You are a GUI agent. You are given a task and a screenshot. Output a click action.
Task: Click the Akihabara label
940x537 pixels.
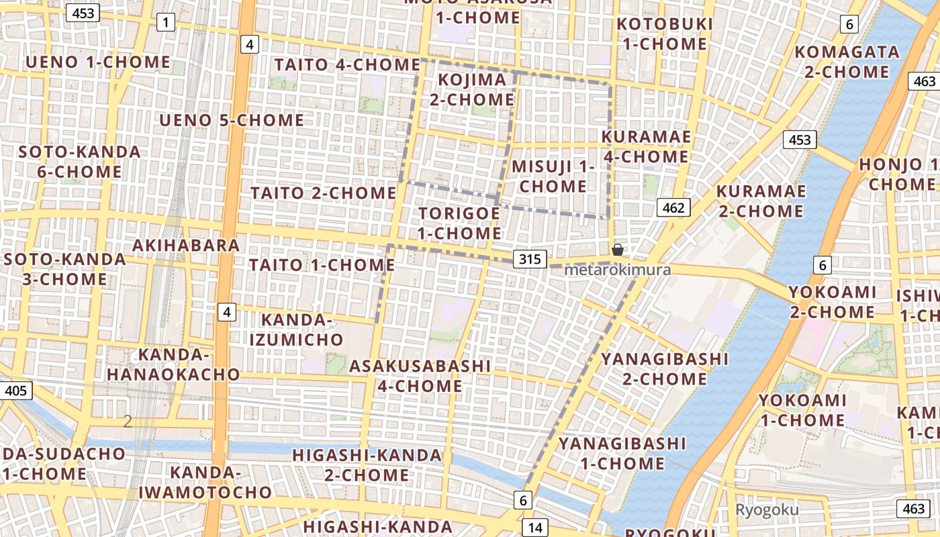(x=186, y=245)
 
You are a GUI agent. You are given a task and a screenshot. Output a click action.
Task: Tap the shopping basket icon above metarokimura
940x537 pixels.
(x=618, y=250)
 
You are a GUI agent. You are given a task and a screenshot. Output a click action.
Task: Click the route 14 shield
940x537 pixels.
(x=534, y=528)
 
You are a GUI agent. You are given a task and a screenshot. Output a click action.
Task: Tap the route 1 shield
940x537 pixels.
(x=165, y=23)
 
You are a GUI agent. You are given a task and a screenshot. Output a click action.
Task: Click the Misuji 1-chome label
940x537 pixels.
(x=553, y=176)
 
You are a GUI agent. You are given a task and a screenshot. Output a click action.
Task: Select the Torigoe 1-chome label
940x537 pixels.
(x=460, y=224)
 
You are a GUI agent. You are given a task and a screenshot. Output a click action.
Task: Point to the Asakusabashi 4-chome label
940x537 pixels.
(x=420, y=376)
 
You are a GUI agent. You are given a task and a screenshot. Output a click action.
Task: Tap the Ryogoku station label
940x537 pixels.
(x=767, y=509)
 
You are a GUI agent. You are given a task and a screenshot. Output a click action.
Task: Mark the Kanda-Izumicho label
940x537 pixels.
(x=296, y=330)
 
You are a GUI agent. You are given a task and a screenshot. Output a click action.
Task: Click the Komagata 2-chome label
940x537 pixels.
(x=847, y=61)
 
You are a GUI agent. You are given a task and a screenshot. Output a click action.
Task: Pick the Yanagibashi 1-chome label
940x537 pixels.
(x=622, y=453)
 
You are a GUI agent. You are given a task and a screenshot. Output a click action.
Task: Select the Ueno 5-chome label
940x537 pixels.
(x=232, y=120)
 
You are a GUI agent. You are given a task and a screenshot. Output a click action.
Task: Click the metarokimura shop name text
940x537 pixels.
(x=617, y=270)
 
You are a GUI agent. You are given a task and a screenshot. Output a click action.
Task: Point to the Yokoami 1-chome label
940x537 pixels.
(x=802, y=410)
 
